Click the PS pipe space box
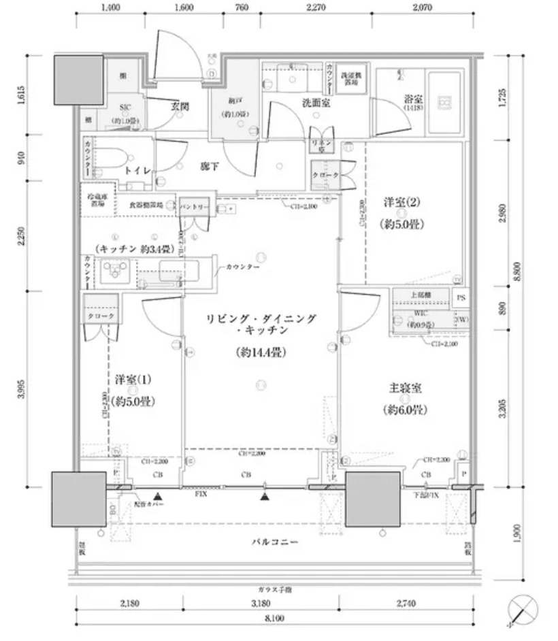(461, 297)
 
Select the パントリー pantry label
(195, 205)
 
